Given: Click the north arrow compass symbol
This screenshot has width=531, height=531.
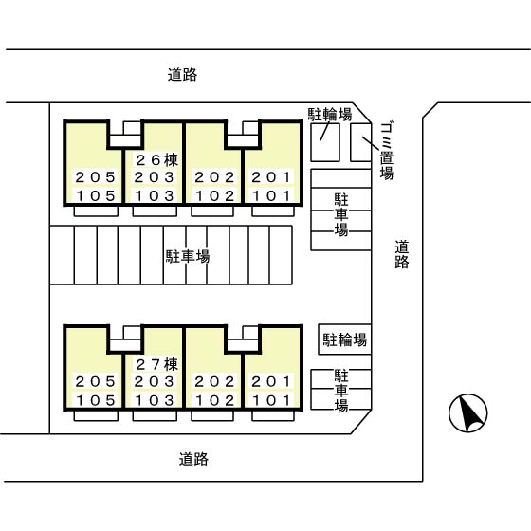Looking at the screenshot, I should (467, 413).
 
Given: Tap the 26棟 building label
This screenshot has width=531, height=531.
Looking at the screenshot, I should (156, 160).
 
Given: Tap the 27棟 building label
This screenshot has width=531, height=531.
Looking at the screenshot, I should (156, 364).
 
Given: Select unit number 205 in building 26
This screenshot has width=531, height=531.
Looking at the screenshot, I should (95, 177).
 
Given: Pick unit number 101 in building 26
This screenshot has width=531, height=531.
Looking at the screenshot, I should (273, 195).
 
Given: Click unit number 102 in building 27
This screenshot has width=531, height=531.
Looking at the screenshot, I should (214, 399).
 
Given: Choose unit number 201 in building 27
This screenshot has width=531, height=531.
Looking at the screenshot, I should (273, 381).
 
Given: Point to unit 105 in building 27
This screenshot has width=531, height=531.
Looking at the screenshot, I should (95, 399).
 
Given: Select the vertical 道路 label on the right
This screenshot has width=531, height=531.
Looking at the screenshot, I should (402, 254).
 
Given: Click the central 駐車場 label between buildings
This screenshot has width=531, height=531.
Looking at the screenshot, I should (188, 255).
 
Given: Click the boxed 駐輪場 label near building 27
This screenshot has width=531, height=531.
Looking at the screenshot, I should (344, 339).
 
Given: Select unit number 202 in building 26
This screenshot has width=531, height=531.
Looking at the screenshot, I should (214, 177).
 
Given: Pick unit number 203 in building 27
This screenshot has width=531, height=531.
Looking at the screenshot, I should (155, 381).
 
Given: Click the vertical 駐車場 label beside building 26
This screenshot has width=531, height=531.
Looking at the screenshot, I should (339, 214).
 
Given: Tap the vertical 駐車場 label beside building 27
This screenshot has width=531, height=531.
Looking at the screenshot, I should (339, 390).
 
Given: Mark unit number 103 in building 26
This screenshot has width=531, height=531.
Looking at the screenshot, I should (155, 195).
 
